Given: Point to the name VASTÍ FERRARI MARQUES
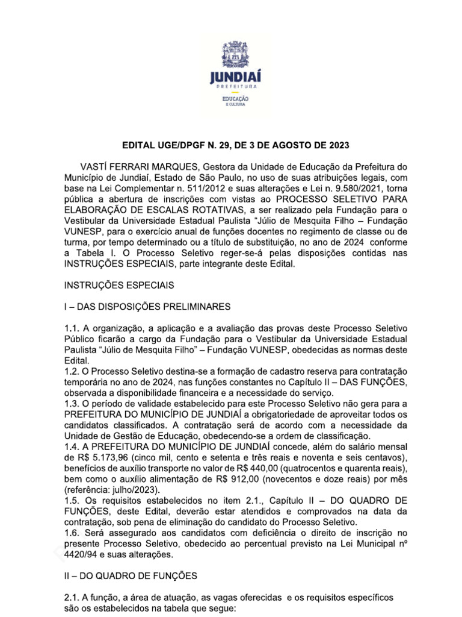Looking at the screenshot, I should (x=137, y=166).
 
